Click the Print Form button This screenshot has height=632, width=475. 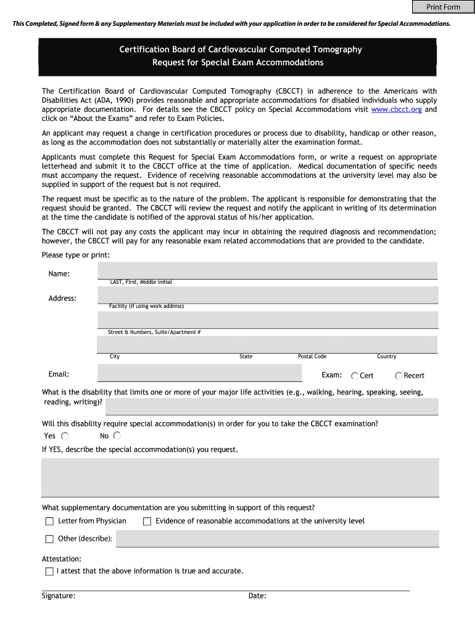click(x=443, y=7)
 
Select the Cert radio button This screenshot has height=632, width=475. click(x=355, y=376)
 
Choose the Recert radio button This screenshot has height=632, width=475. click(x=399, y=376)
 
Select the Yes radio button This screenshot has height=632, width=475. click(x=64, y=436)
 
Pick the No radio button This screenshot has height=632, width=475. click(x=117, y=436)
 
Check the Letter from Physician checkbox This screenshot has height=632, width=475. click(x=49, y=522)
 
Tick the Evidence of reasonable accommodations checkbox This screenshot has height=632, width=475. click(x=147, y=522)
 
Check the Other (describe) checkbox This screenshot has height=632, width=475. click(x=49, y=539)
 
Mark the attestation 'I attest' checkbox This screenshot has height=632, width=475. click(x=49, y=572)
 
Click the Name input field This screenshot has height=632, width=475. click(x=267, y=270)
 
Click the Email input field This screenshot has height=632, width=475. click(x=199, y=373)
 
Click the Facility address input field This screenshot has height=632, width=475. click(x=267, y=295)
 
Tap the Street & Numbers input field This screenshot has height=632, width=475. click(x=267, y=320)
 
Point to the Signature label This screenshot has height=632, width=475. click(x=59, y=596)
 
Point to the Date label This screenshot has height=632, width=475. click(x=257, y=596)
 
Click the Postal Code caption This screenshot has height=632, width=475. click(x=312, y=357)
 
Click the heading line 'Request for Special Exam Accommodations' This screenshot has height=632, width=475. click(x=238, y=62)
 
